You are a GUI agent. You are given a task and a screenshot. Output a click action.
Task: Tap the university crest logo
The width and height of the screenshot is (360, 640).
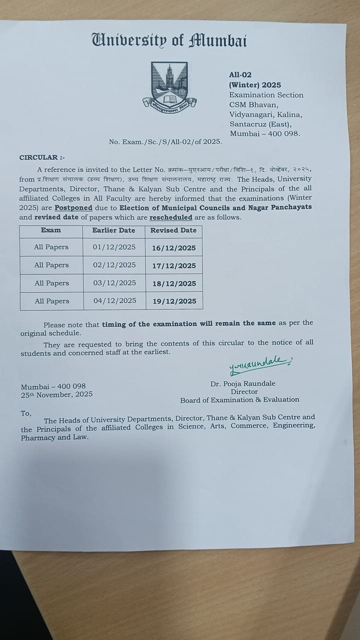(169, 85)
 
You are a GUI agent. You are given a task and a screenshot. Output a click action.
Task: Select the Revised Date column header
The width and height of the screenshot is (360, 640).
(173, 230)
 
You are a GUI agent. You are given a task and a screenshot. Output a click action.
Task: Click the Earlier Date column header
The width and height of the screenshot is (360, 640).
(114, 230)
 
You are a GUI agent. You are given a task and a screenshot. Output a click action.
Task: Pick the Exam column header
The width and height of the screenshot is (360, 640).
(51, 230)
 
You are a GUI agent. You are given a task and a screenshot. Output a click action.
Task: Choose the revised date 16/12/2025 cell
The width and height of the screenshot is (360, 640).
(174, 248)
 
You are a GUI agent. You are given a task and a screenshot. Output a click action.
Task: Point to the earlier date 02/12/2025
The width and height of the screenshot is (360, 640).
(114, 265)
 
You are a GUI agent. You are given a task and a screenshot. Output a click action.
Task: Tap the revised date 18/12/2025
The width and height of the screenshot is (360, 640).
(174, 283)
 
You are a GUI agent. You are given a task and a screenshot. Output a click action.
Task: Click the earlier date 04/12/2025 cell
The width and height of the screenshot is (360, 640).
(114, 301)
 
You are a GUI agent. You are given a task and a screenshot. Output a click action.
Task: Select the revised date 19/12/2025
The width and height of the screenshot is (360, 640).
(174, 301)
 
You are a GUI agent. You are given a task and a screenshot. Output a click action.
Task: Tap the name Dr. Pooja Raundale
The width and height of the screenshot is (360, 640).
(243, 383)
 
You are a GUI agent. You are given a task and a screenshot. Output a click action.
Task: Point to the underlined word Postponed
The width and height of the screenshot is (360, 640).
(73, 207)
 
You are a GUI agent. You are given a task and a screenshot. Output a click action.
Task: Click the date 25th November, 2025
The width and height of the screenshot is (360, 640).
(56, 394)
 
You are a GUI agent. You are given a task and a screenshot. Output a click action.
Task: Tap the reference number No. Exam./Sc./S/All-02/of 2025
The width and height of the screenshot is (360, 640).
(165, 142)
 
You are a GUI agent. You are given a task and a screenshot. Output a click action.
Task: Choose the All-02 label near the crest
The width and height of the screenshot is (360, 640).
(240, 74)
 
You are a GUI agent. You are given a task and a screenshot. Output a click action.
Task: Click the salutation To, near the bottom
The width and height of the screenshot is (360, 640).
(26, 413)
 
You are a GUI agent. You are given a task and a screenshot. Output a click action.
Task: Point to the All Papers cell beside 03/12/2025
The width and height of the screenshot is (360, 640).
(51, 283)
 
